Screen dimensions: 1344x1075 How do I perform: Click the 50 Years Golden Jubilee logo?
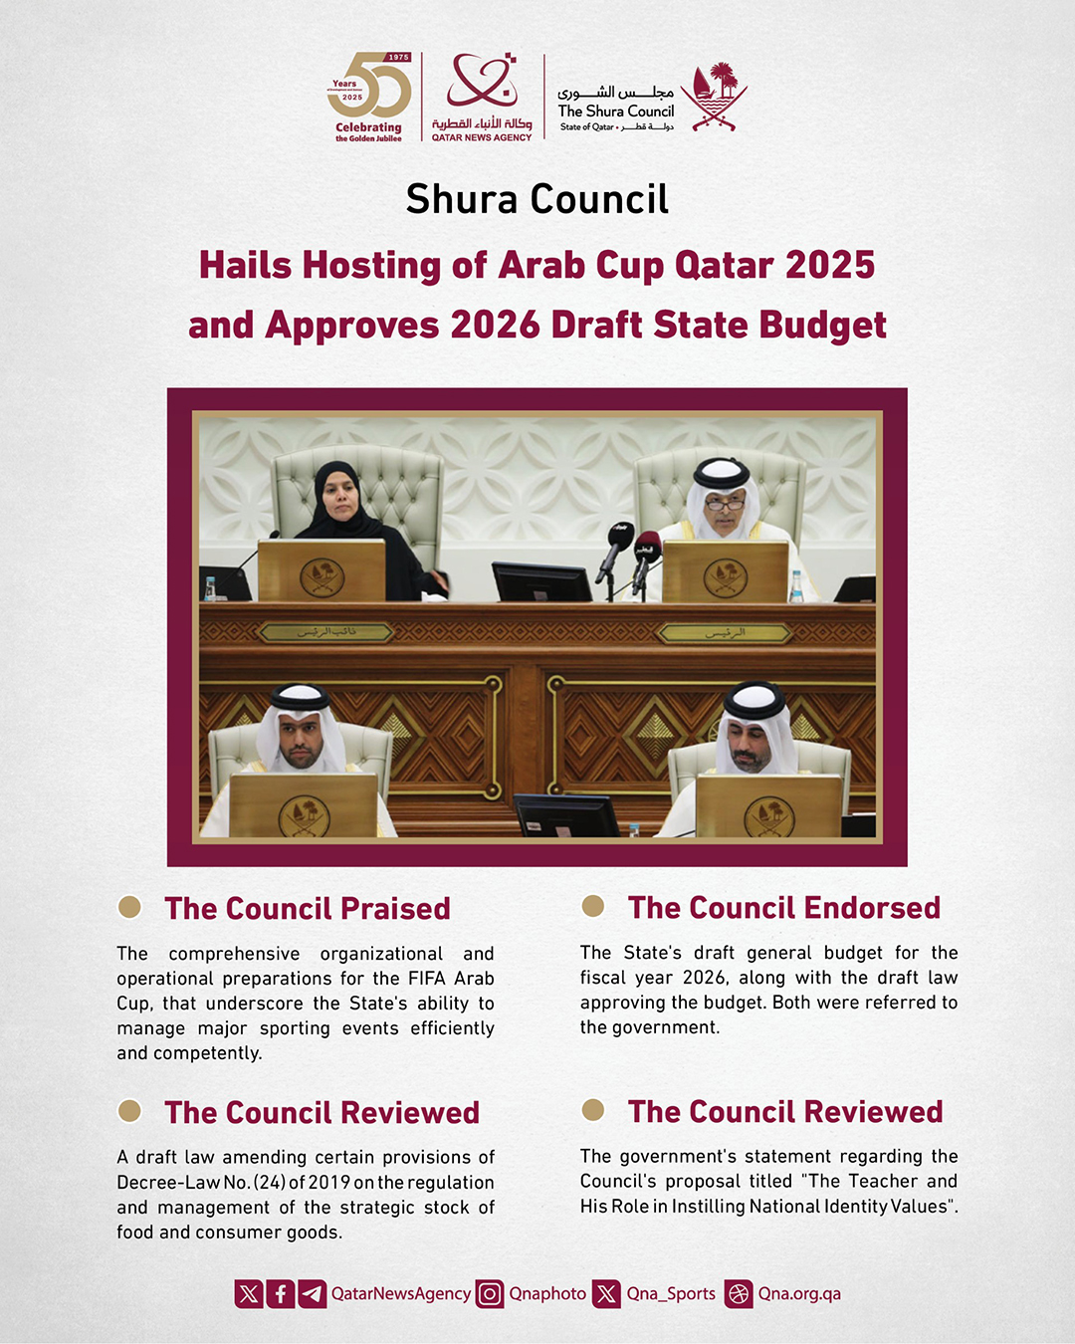(x=368, y=97)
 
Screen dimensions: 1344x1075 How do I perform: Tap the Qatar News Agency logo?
(x=482, y=97)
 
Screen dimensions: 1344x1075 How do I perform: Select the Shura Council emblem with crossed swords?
(x=714, y=97)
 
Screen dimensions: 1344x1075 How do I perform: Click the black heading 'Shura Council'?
(x=537, y=199)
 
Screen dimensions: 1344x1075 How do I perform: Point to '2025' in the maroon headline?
(x=829, y=265)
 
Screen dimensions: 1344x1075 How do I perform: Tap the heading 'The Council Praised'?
(x=308, y=908)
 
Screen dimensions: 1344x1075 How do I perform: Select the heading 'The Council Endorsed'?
(x=783, y=907)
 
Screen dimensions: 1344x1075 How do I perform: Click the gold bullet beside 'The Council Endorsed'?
(x=593, y=906)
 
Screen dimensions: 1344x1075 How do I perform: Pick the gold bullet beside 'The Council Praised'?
(x=129, y=906)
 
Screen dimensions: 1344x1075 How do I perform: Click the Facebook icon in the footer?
(x=281, y=1293)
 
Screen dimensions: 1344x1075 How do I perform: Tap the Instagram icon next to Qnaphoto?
(x=490, y=1293)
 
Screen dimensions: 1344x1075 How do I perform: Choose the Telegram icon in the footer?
(x=313, y=1293)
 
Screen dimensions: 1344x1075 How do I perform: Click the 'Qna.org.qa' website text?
(x=799, y=1293)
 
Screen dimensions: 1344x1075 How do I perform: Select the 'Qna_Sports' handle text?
(x=671, y=1293)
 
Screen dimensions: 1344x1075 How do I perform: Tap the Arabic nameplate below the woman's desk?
(x=327, y=632)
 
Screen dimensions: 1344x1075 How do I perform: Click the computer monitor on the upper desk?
(x=541, y=581)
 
